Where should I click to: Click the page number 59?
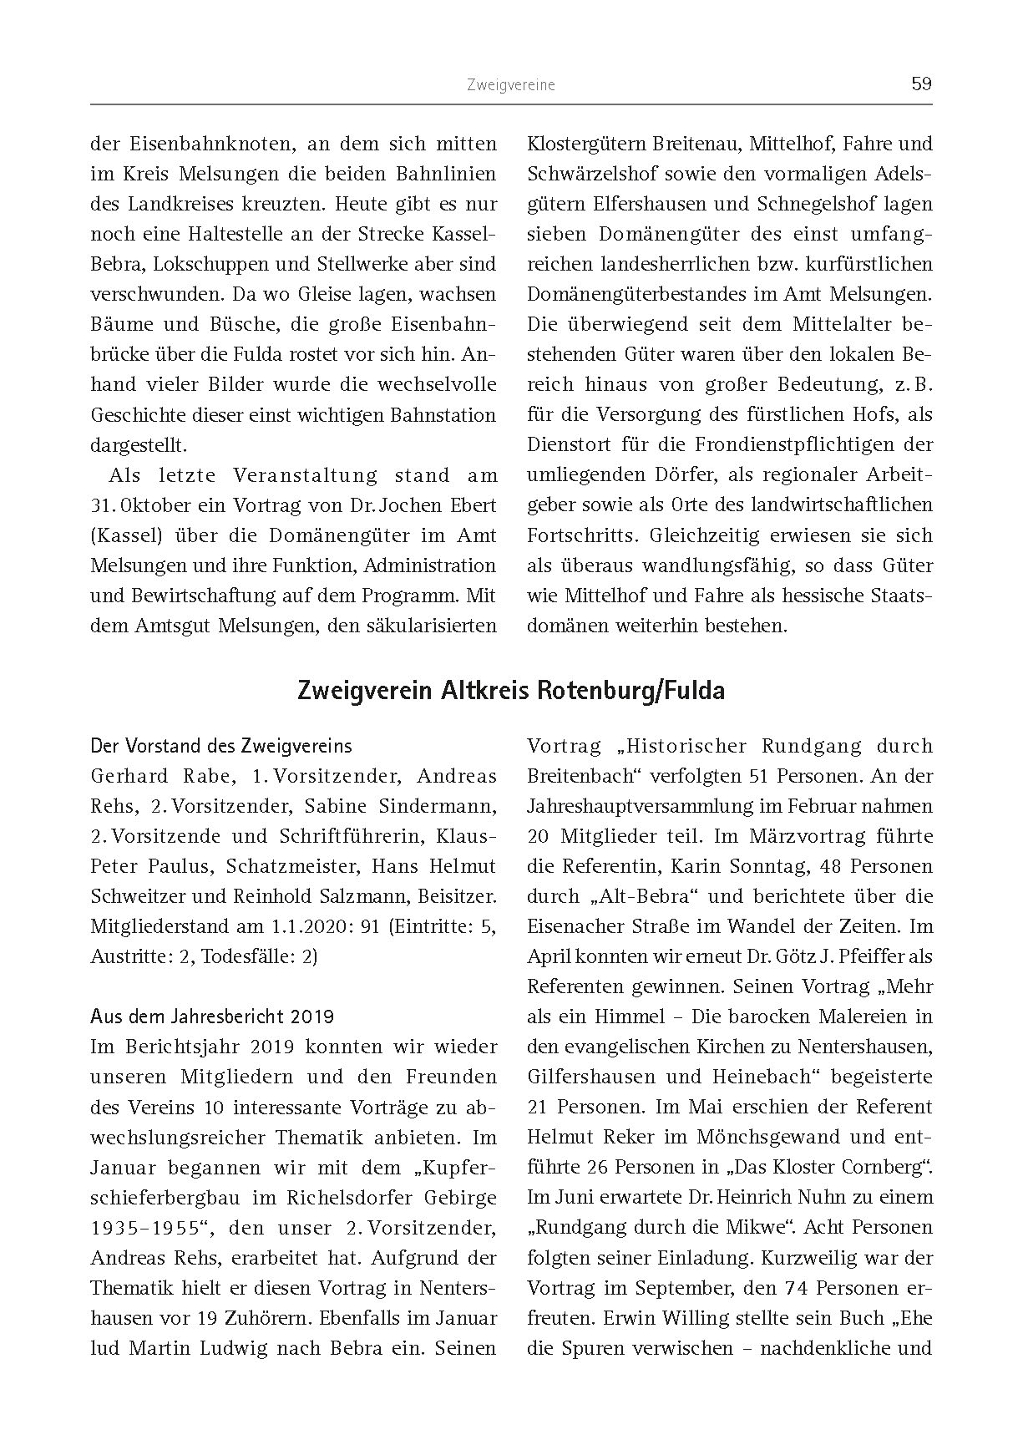click(921, 84)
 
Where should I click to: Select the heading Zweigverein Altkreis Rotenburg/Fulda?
click(510, 692)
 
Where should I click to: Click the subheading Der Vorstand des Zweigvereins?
click(221, 746)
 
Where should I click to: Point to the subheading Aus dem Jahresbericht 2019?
click(212, 1017)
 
